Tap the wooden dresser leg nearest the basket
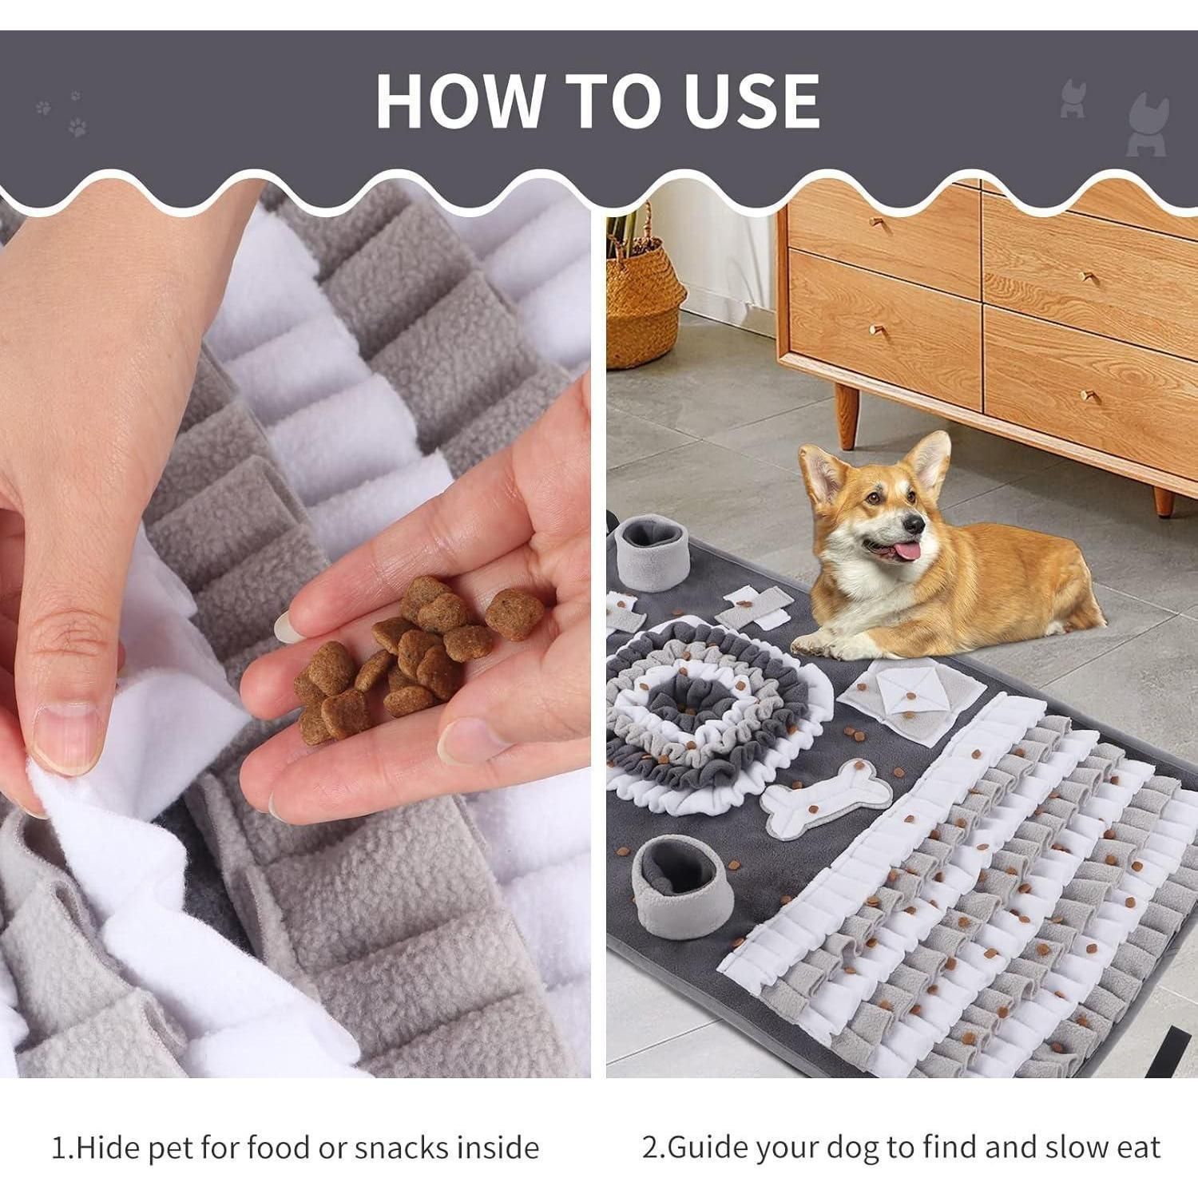[x=846, y=415]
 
